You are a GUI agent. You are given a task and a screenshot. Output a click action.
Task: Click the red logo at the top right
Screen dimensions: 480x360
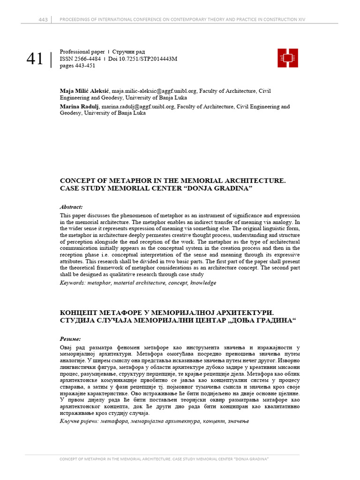pyautogui.click(x=288, y=58)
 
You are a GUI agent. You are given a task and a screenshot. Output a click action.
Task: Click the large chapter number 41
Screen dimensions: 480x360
pyautogui.click(x=35, y=60)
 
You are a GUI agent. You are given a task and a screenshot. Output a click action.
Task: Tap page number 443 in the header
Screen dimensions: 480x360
pyautogui.click(x=43, y=19)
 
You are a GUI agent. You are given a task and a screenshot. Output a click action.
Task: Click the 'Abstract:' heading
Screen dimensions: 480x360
pyautogui.click(x=71, y=206)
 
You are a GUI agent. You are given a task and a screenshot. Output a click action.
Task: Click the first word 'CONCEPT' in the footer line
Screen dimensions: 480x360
pyautogui.click(x=69, y=459)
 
